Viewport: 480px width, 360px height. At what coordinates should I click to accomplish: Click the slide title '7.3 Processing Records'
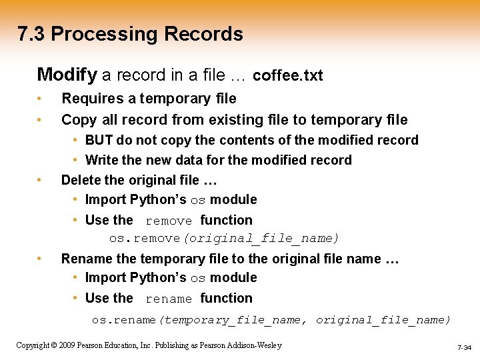[131, 34]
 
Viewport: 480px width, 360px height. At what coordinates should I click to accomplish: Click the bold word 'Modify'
[66, 74]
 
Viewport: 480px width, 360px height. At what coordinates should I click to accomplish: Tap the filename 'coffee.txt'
[288, 75]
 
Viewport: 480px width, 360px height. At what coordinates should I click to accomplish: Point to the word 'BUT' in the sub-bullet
[99, 140]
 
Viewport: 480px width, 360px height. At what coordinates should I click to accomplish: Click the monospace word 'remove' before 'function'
[169, 221]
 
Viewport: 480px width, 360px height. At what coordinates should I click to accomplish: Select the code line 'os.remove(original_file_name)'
[225, 238]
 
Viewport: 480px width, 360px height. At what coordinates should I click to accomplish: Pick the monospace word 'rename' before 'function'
[169, 299]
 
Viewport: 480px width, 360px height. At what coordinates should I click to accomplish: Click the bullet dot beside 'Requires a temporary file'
[41, 99]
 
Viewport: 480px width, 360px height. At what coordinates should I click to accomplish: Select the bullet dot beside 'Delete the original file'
[41, 181]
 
